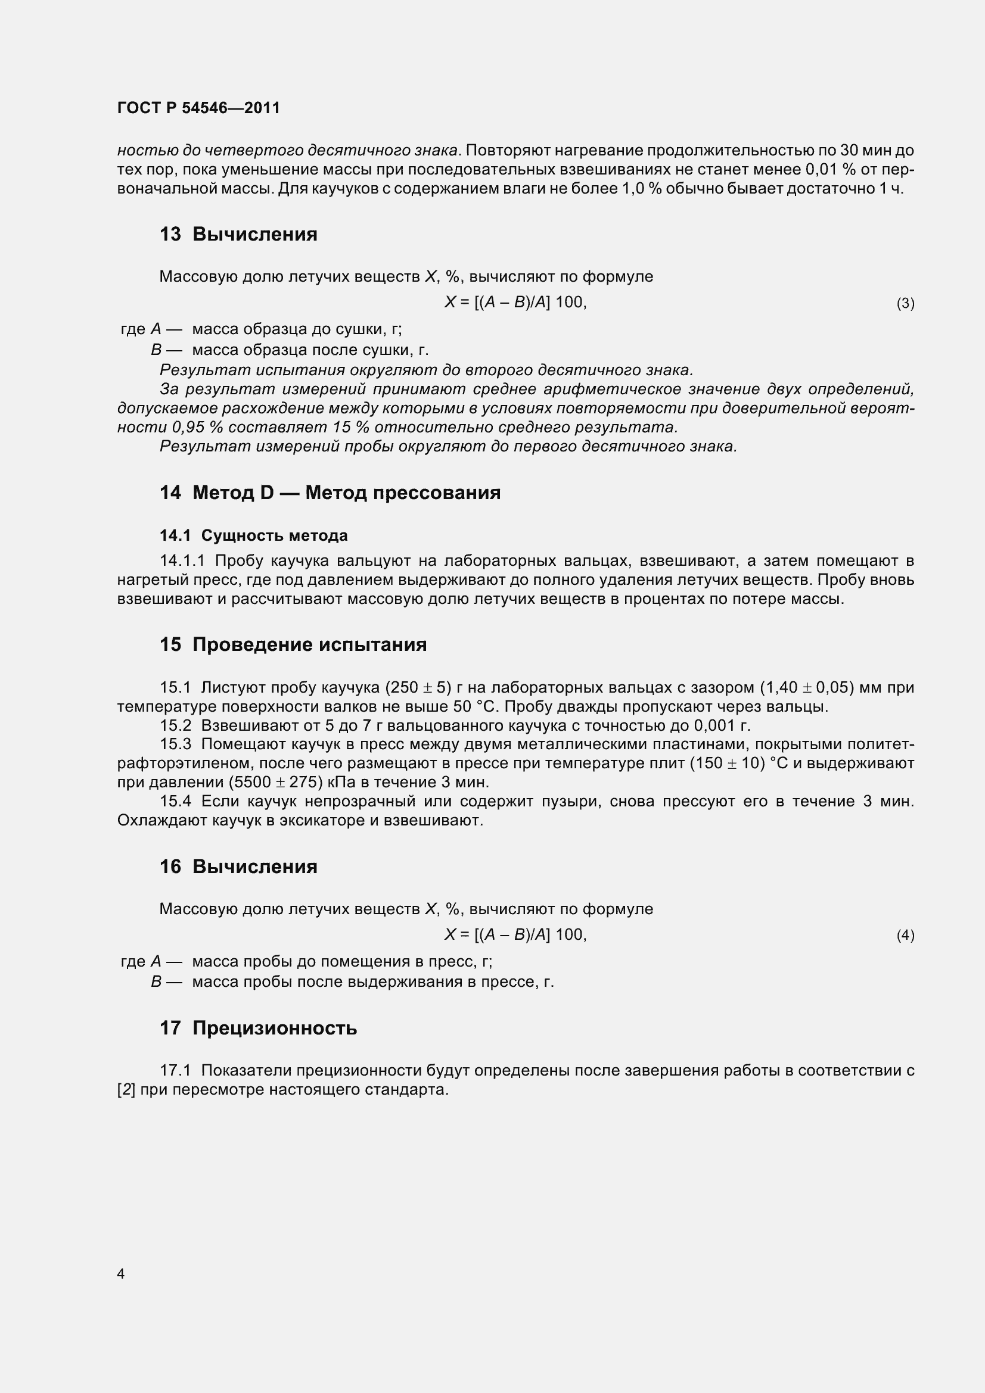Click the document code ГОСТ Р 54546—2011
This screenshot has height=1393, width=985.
198,108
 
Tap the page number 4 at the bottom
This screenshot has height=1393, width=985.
121,1273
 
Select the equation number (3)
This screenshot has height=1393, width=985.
905,303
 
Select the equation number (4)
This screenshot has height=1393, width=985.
905,936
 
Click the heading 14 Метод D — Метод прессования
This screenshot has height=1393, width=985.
330,493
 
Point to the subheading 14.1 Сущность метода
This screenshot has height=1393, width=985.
254,536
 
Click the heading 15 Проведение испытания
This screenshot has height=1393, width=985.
293,644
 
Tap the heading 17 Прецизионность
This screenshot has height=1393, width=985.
258,1028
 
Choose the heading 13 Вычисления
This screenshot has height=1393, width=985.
238,234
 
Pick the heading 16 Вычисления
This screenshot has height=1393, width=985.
238,867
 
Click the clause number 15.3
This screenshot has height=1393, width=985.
175,744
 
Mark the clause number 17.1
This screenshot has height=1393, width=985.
175,1070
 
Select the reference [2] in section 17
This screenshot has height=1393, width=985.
126,1090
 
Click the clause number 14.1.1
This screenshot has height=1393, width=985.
183,560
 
